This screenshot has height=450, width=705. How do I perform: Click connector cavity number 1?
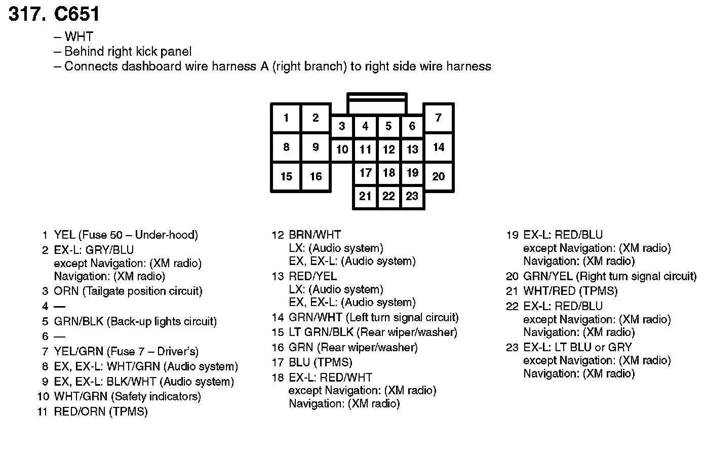(286, 118)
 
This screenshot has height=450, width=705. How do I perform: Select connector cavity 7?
(439, 118)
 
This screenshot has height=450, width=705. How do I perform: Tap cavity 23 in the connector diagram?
(412, 196)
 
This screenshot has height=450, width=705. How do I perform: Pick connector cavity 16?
(316, 176)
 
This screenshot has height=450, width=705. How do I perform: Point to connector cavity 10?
(342, 149)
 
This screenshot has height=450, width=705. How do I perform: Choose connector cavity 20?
(439, 176)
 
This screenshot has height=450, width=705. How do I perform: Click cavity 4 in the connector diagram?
(365, 126)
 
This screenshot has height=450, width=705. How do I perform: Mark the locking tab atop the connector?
(377, 103)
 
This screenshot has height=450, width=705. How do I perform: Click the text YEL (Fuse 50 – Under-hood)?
(126, 235)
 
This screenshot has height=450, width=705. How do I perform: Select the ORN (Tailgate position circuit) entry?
(128, 291)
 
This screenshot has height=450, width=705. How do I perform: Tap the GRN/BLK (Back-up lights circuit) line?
(135, 321)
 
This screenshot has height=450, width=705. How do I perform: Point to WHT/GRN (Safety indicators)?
(127, 396)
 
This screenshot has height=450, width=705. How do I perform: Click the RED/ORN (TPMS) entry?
(101, 411)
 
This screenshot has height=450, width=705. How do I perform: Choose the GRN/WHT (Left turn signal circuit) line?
(373, 318)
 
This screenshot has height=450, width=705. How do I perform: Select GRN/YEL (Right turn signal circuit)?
(609, 276)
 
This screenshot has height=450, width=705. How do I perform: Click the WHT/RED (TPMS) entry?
(570, 291)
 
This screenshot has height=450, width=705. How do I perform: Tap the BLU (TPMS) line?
(320, 362)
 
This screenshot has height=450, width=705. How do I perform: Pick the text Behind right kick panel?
(128, 51)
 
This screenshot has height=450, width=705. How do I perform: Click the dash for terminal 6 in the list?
(60, 336)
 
